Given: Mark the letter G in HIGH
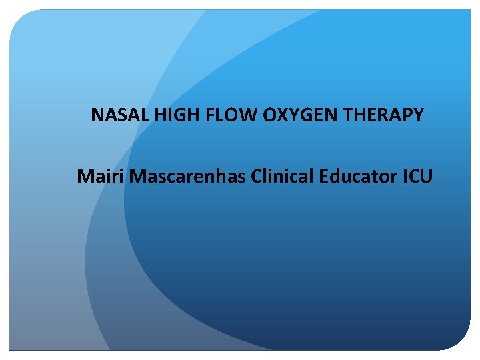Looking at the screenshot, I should (x=178, y=115).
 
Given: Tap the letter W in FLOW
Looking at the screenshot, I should (x=249, y=115).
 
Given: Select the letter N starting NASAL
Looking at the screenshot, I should (x=97, y=115).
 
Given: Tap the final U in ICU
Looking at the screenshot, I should (x=427, y=177).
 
